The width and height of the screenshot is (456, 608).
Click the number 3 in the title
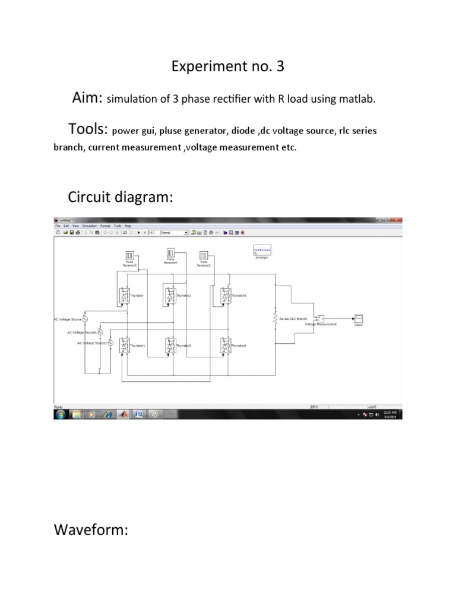pos(278,66)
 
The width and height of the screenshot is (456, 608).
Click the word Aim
pos(87,98)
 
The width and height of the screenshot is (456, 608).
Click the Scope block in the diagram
pos(359,318)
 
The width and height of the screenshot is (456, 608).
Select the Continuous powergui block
pos(262,251)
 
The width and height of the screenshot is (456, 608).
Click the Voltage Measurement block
pos(321,319)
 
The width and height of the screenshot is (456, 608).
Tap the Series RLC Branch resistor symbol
pos(275,319)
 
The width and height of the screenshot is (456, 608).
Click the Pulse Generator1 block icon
pos(171,254)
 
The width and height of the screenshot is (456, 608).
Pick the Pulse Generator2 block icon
pos(204,256)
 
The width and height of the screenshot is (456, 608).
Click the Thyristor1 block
pos(125,345)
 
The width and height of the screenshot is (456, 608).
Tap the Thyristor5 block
pos(225,345)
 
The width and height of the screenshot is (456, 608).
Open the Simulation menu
pos(90,226)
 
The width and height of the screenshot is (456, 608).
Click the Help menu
pos(128,226)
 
